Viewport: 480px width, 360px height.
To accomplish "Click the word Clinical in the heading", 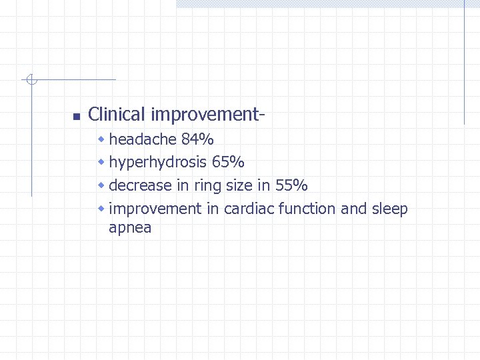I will [117, 115].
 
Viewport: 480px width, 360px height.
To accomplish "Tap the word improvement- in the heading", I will [208, 115].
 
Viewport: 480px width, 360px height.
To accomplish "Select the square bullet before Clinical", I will [75, 117].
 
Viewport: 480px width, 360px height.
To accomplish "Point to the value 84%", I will [197, 139].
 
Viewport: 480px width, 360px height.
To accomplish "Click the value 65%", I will [228, 162].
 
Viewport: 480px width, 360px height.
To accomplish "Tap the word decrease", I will [139, 185].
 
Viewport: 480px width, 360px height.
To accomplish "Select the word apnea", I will [130, 229].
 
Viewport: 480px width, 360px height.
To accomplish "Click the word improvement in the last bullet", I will [155, 209].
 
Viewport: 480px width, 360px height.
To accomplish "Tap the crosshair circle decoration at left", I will [31, 80].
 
